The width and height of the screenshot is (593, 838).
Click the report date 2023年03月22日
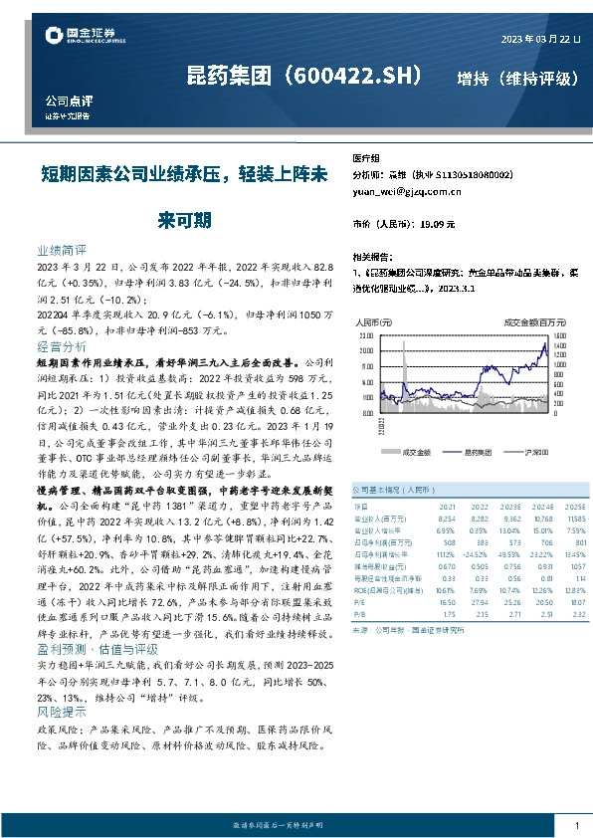click(536, 38)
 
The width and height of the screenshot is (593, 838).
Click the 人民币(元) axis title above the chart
click(374, 322)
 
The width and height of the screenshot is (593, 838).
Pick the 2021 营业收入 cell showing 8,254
click(447, 518)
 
